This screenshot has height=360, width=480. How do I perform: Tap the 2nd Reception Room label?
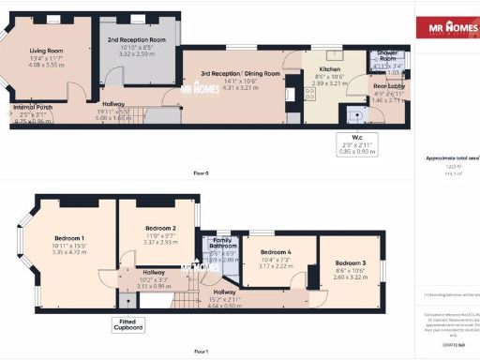[136, 40]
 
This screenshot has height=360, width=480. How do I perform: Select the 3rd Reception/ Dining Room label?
[239, 73]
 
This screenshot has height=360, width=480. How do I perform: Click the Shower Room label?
[387, 55]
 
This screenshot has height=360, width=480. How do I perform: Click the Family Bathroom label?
[222, 247]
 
